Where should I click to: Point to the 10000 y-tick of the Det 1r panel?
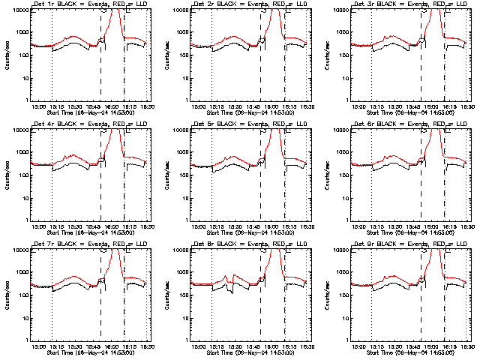21,10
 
